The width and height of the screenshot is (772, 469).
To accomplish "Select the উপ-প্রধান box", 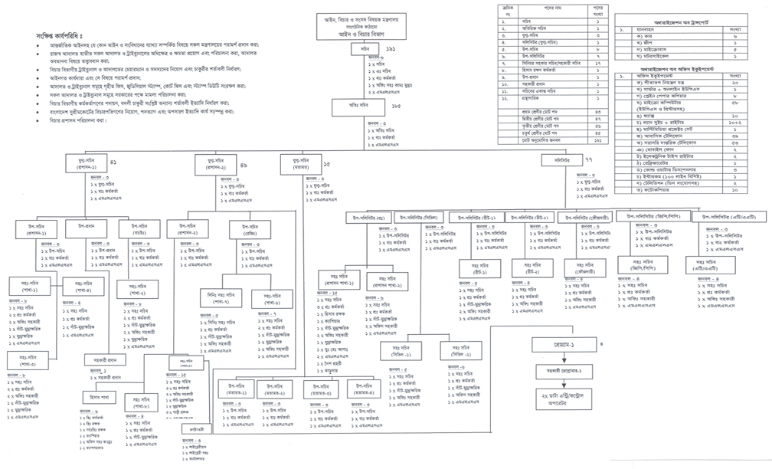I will click(x=85, y=228).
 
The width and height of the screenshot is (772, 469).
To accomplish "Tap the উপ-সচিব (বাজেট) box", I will click(x=139, y=228).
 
